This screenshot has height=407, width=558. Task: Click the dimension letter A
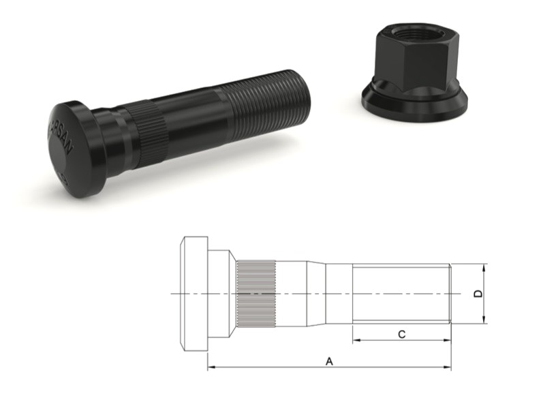(x=330, y=361)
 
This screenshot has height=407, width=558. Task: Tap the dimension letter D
(x=478, y=294)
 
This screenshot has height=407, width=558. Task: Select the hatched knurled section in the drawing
(x=256, y=294)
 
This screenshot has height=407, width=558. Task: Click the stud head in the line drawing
(x=193, y=294)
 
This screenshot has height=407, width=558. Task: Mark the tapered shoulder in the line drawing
(x=315, y=294)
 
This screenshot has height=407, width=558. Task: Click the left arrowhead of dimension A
(x=211, y=368)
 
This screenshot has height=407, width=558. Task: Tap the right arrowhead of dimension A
(x=448, y=368)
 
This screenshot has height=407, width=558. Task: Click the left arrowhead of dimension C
(x=356, y=340)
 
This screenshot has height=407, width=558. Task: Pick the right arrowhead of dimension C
(x=448, y=340)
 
